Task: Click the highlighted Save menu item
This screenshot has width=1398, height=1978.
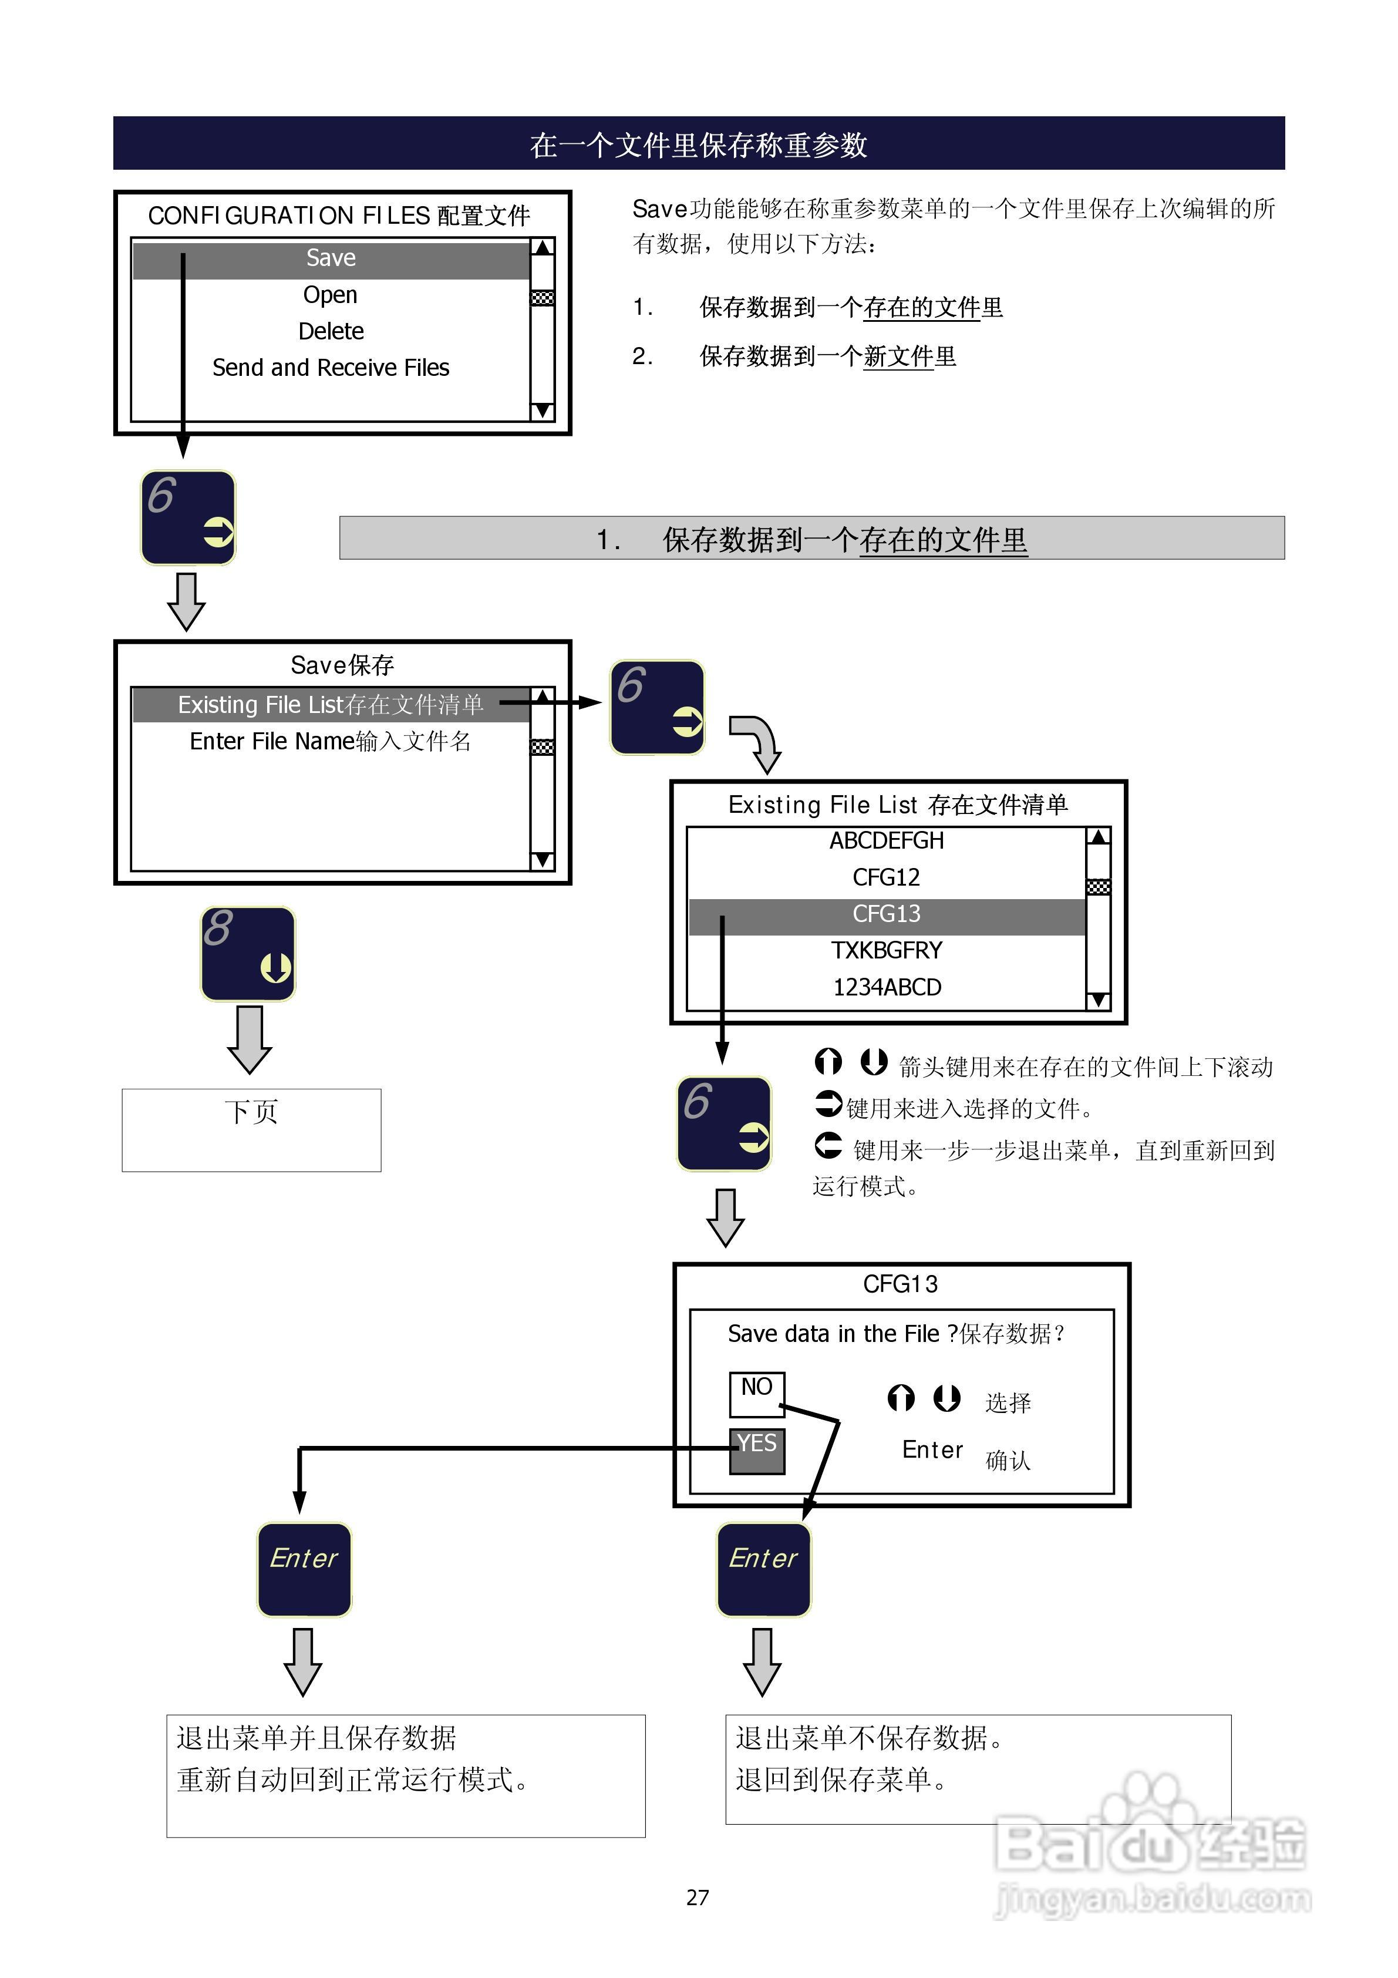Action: coord(331,258)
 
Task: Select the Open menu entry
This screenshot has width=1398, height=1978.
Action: coord(330,295)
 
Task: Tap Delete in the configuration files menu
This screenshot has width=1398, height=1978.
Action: coord(331,332)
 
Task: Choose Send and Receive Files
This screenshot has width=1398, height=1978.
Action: coord(331,368)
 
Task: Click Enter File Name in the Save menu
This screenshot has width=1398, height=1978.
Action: coord(331,741)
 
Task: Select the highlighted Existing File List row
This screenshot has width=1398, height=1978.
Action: coord(331,705)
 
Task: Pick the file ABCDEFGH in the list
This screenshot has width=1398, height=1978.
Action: coord(887,841)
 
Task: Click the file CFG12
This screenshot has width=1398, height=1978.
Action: coord(887,877)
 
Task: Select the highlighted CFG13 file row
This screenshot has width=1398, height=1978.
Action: coord(887,914)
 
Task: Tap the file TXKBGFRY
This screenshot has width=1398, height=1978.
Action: coord(887,950)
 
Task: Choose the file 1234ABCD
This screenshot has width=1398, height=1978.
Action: coord(887,987)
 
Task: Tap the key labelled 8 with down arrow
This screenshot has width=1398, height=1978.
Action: coord(248,954)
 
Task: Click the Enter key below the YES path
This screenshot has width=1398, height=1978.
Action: coord(304,1570)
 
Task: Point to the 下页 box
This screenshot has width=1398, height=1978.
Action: coord(251,1129)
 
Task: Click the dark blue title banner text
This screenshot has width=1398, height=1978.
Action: coord(699,144)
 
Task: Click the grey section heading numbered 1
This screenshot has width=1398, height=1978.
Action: coord(811,539)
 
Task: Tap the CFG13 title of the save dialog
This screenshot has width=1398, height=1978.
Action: coord(900,1284)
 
